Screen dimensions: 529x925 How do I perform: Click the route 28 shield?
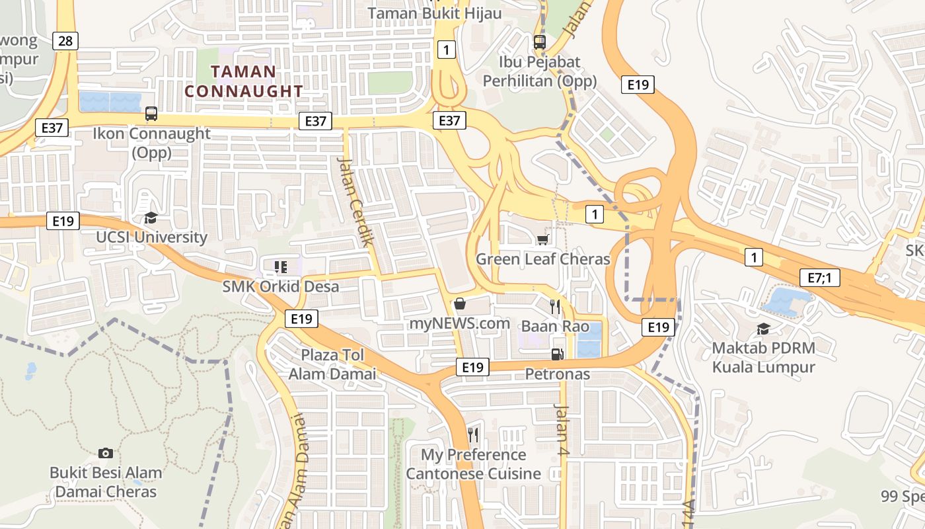tap(65, 41)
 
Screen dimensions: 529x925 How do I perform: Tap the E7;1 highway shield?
tap(819, 278)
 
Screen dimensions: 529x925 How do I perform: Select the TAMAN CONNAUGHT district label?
tap(244, 81)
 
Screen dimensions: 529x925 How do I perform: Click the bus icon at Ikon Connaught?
tap(151, 114)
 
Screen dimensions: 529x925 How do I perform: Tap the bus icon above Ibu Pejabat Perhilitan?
tap(540, 42)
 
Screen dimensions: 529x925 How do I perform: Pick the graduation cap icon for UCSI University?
tap(151, 218)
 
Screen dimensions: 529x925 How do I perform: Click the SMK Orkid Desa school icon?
tap(280, 267)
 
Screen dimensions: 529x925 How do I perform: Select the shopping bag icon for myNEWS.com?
tap(460, 304)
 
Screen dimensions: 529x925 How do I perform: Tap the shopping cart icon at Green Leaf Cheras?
tap(543, 239)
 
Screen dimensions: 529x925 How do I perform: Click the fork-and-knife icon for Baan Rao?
tap(555, 306)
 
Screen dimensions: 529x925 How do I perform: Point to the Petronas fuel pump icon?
tap(558, 354)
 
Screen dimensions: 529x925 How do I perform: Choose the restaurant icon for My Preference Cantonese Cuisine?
tap(473, 434)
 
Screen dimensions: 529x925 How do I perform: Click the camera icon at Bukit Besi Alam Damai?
tap(106, 453)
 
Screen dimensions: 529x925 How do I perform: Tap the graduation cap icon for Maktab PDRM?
tap(763, 329)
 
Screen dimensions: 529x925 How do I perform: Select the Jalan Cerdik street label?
tap(355, 201)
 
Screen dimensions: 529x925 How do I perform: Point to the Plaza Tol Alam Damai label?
tap(332, 364)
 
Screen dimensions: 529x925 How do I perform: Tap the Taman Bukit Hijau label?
tap(434, 13)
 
